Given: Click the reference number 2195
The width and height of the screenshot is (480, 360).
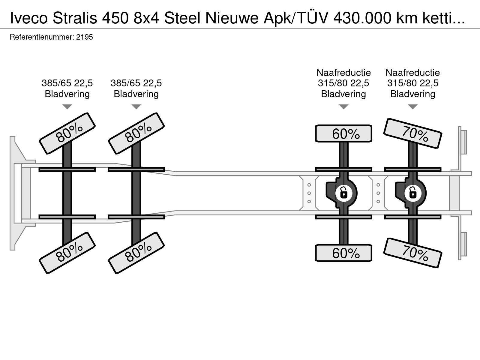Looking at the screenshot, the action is click(84, 37).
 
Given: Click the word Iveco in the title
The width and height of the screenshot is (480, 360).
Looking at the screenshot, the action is click(29, 18).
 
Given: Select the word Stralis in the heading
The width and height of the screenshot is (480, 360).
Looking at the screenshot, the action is click(75, 18).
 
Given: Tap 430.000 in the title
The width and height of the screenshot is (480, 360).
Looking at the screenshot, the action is click(362, 18).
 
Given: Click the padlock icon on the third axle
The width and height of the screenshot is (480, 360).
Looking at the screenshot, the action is click(343, 193).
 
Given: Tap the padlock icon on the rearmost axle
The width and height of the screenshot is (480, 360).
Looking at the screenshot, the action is click(412, 193).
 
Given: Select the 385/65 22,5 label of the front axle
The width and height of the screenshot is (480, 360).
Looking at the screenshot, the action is click(67, 83).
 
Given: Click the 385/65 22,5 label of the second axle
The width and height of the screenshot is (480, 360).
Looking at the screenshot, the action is click(136, 83).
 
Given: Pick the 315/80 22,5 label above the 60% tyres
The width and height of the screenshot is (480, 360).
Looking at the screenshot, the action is click(343, 83).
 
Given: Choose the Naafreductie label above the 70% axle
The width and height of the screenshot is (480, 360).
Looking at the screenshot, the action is click(412, 73).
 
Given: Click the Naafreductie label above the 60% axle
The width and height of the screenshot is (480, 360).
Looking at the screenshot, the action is click(343, 73).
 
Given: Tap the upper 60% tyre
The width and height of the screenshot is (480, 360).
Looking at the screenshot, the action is click(343, 133).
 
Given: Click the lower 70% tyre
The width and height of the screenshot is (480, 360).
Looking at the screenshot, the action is click(412, 253).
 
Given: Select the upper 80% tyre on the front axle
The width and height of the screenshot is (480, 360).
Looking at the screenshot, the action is click(67, 133).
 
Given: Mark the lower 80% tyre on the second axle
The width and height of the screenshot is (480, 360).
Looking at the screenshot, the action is click(136, 253).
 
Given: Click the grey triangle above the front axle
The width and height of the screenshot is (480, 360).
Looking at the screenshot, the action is click(67, 107).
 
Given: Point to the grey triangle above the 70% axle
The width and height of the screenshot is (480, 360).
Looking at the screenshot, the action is click(412, 107).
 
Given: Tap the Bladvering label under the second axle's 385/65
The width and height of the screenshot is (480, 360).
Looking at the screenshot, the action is click(136, 94).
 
